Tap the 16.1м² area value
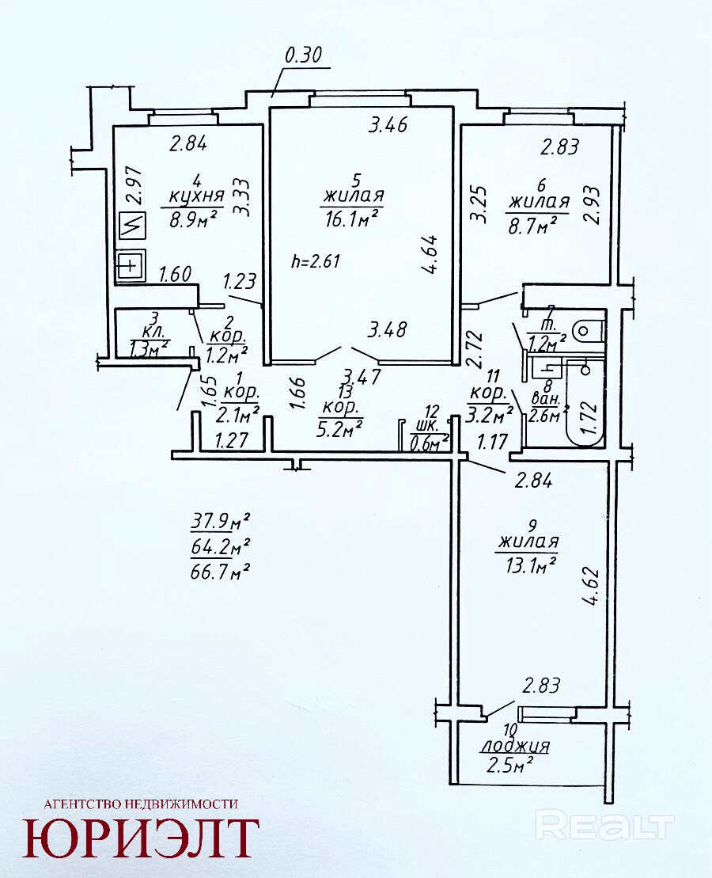point(351,218)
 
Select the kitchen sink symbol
point(130,264)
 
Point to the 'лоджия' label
point(515,746)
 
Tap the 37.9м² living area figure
point(220,522)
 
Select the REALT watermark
point(604,827)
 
